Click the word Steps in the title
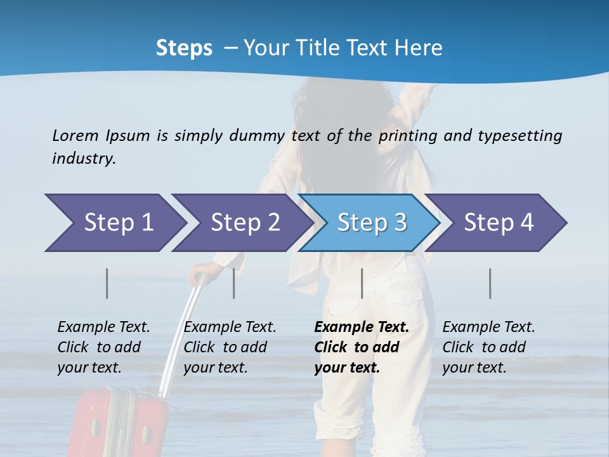click(184, 48)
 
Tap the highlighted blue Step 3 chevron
click(372, 222)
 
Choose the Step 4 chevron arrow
click(499, 222)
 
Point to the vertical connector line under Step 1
click(107, 283)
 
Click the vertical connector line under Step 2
click(234, 283)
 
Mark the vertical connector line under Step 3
click(362, 283)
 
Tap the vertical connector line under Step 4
click(490, 283)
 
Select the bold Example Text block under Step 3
click(361, 347)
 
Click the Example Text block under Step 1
click(103, 347)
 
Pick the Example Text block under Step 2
click(230, 347)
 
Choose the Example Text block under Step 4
click(488, 347)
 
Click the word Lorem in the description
click(75, 135)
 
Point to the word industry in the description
click(84, 158)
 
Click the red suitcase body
click(121, 425)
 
